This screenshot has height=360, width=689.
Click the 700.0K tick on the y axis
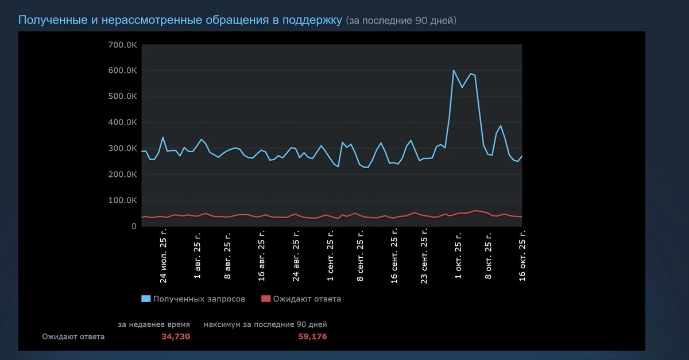tap(122, 45)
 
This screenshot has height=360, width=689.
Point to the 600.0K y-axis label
tap(122, 71)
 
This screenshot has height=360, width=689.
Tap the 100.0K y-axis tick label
tap(122, 200)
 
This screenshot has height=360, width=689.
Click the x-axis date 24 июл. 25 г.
tap(164, 258)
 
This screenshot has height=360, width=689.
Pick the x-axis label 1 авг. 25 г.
tap(198, 256)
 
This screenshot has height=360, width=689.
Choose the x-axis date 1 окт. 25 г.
tap(458, 256)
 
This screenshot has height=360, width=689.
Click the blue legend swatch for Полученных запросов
tap(146, 299)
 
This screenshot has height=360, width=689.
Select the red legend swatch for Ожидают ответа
tap(265, 299)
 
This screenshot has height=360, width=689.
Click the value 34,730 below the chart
tap(176, 336)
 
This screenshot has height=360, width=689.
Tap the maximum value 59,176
tap(312, 336)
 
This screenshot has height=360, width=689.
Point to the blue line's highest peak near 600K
tap(454, 71)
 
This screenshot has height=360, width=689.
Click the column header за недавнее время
tap(154, 324)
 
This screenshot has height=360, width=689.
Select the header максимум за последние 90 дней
tap(265, 324)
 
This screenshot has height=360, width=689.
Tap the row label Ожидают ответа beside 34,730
tap(73, 336)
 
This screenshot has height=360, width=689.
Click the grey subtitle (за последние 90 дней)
tap(401, 21)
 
